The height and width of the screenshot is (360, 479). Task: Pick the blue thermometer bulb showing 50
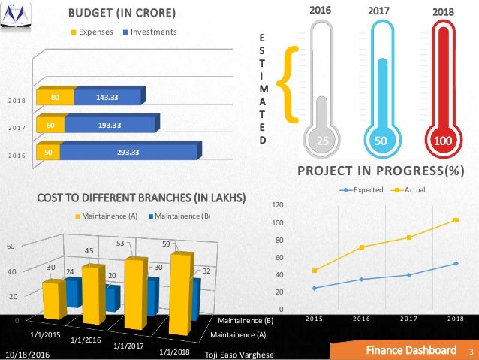381,141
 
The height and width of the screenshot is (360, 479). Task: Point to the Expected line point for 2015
315,288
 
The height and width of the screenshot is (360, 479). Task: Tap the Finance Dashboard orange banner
410,351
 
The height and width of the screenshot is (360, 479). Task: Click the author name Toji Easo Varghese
239,353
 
